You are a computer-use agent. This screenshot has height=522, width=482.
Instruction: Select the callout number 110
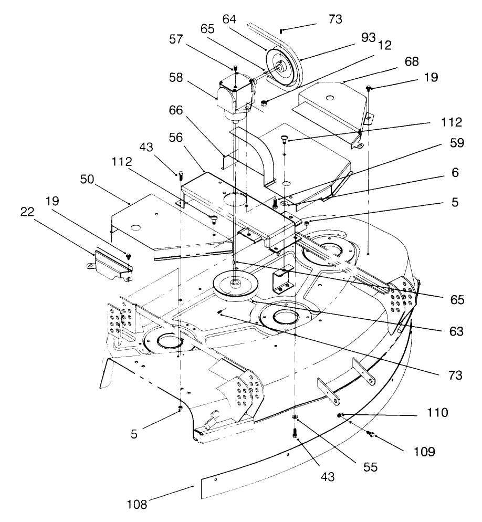click(437, 413)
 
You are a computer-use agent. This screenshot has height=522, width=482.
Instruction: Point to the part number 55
click(370, 467)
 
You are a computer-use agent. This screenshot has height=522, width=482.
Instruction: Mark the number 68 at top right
click(412, 62)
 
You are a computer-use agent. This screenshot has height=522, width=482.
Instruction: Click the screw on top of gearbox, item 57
click(236, 68)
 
